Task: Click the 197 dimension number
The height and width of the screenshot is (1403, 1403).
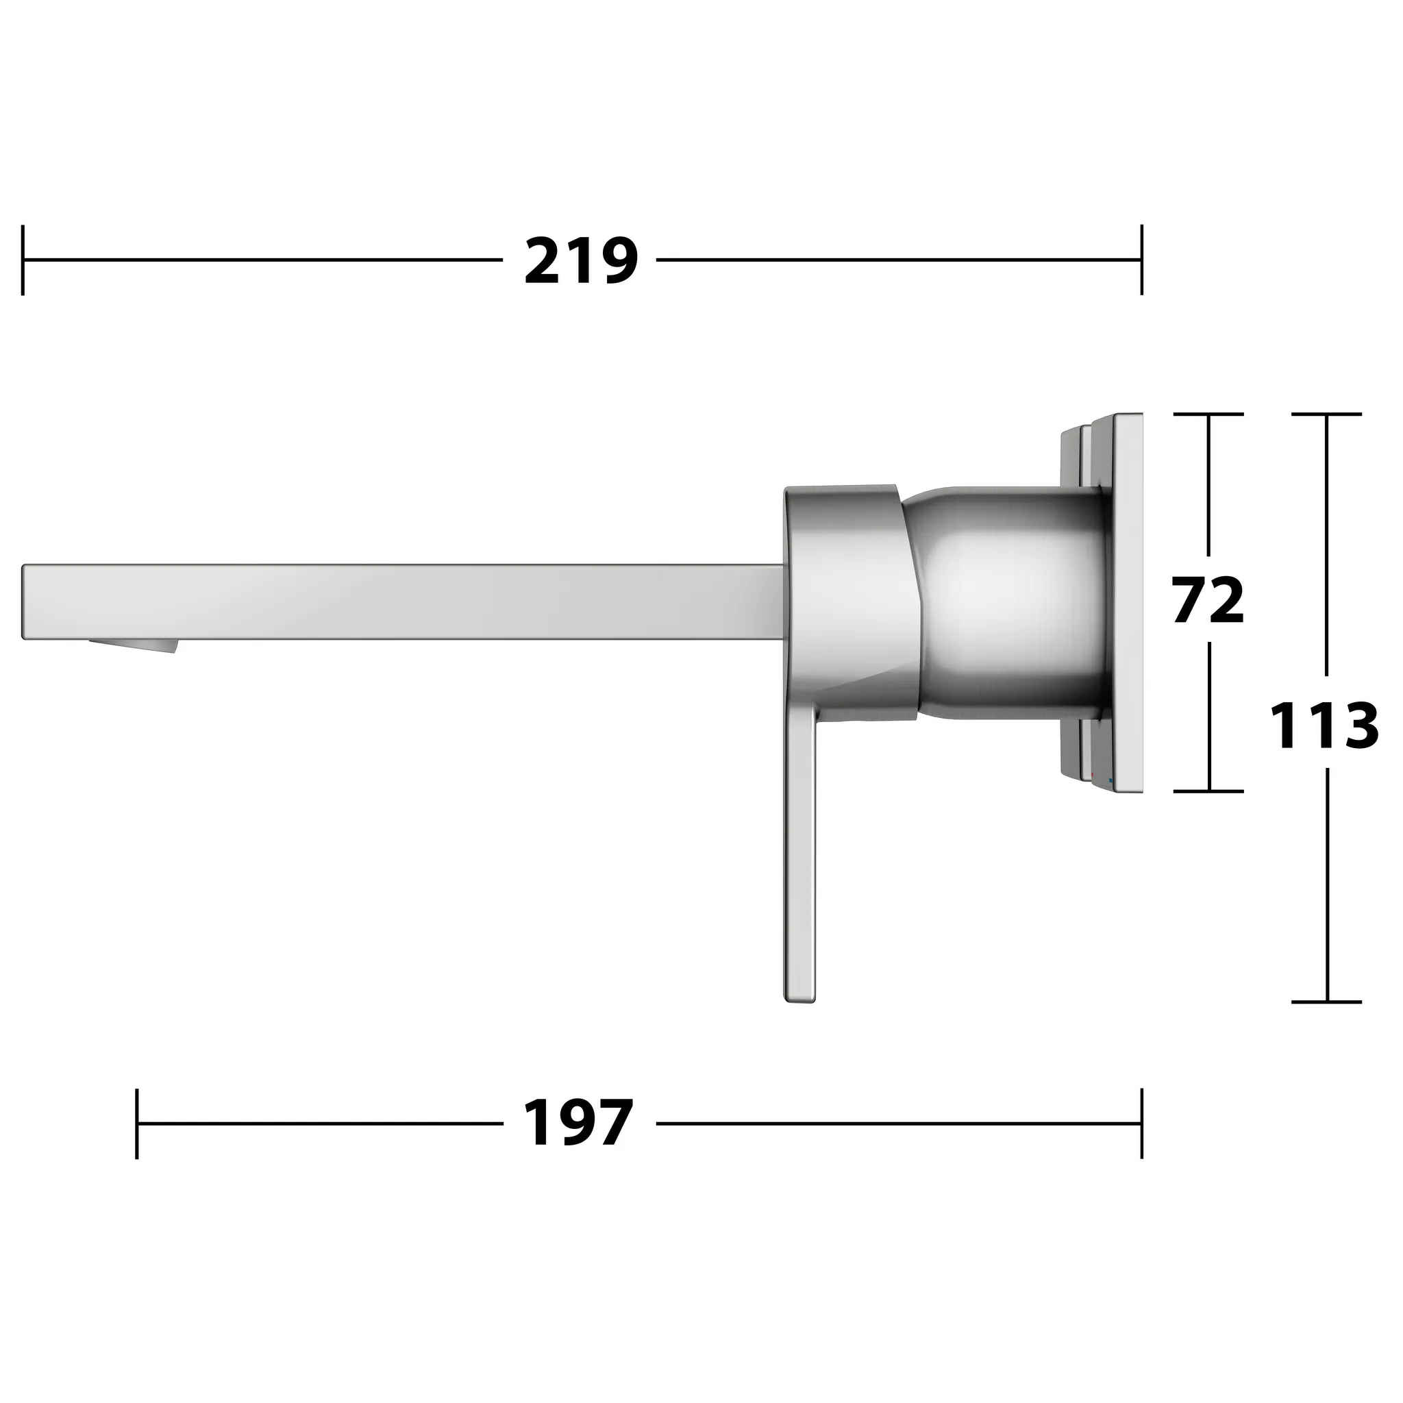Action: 578,1123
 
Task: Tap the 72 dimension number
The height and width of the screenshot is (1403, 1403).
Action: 1208,599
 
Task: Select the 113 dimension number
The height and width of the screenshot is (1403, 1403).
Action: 1324,725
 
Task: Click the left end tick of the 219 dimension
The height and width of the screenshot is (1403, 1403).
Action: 23,260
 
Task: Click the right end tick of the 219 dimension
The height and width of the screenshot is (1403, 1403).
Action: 1141,260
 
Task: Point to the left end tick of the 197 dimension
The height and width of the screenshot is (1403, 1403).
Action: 136,1123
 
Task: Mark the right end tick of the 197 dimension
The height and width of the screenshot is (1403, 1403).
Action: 1141,1123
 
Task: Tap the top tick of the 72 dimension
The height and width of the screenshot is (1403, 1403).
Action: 1208,414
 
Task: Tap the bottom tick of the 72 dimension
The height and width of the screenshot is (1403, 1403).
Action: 1208,791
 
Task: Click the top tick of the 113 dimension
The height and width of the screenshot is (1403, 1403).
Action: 1327,414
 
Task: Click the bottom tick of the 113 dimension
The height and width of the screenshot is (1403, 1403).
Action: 1327,1002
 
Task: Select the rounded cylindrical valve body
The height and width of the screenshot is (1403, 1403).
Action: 1009,603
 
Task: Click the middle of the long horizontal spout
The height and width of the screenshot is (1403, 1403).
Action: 403,601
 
